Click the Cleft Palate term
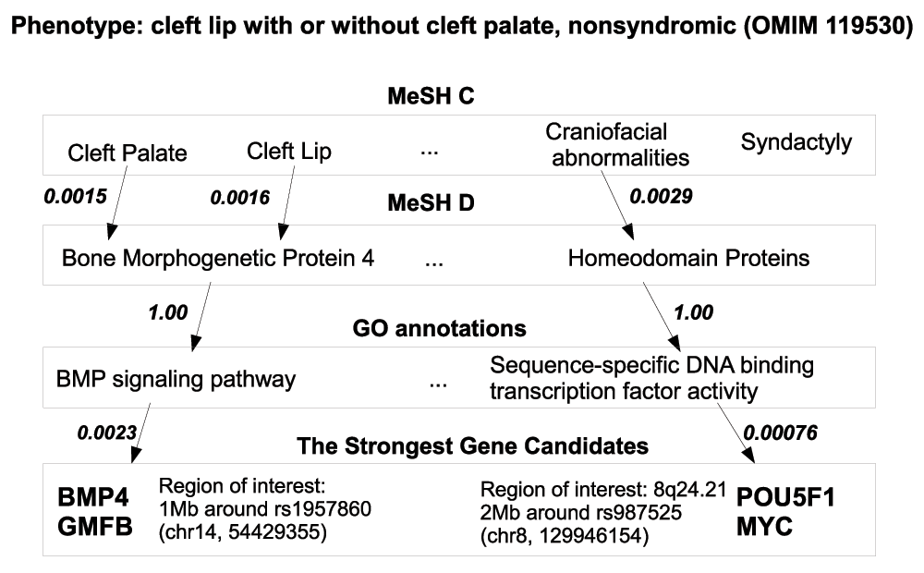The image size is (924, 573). click(128, 153)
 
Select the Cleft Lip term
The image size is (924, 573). click(288, 152)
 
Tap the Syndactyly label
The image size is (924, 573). click(796, 142)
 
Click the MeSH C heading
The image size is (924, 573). click(431, 96)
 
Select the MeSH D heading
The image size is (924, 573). click(431, 203)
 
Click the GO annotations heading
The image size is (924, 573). click(439, 328)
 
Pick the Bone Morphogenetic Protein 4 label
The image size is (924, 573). click(218, 258)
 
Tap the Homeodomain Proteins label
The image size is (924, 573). click(689, 258)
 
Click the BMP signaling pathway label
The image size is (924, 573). click(176, 380)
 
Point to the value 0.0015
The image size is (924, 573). click(76, 196)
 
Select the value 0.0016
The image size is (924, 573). click(240, 198)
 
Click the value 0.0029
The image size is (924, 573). click(662, 196)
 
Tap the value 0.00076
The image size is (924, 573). click(780, 433)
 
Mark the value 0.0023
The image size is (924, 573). click(106, 433)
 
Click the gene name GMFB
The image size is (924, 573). click(95, 527)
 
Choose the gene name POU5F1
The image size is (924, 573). click(785, 498)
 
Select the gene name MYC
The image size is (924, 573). click(764, 527)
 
